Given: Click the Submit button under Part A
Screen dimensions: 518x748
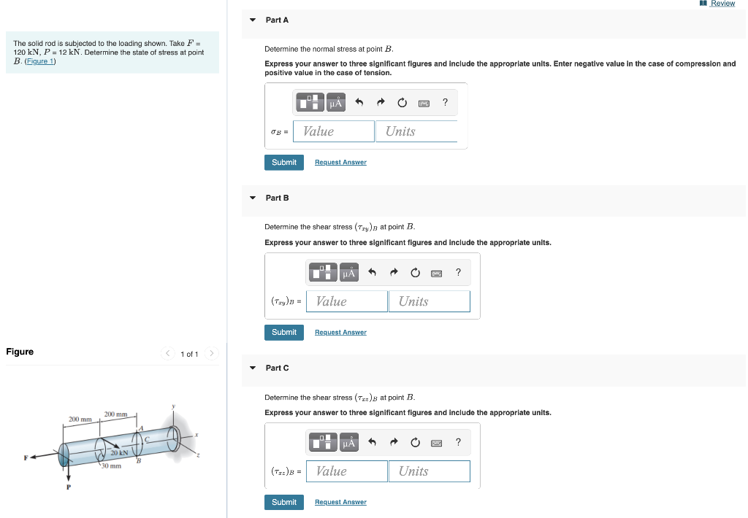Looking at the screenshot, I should click(x=283, y=162).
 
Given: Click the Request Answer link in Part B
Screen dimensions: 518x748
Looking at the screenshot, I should click(x=340, y=332).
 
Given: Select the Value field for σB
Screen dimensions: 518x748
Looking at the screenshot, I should click(x=333, y=131).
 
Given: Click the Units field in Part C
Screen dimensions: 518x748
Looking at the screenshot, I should click(x=429, y=471).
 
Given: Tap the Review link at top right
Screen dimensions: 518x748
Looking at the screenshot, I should click(x=722, y=4).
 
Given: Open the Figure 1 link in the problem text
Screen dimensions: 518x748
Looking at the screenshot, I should click(x=40, y=61).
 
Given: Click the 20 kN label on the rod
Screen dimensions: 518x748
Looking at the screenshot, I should click(x=119, y=453).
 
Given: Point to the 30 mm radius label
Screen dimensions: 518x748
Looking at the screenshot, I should click(x=110, y=465).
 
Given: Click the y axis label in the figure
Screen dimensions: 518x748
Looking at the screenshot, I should click(x=174, y=406).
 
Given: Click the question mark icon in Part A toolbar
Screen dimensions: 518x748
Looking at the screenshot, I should click(x=445, y=103).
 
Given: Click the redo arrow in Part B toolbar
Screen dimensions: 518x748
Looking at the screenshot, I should click(x=393, y=273).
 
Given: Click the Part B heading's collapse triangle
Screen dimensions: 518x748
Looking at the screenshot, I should click(x=253, y=198).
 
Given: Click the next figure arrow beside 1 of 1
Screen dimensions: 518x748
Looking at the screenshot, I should click(x=211, y=354).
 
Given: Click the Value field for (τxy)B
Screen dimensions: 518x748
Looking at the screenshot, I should click(x=346, y=301).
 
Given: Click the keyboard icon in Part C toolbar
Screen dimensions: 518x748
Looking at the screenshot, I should click(x=436, y=443).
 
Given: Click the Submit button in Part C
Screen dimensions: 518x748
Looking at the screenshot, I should click(x=283, y=502).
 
